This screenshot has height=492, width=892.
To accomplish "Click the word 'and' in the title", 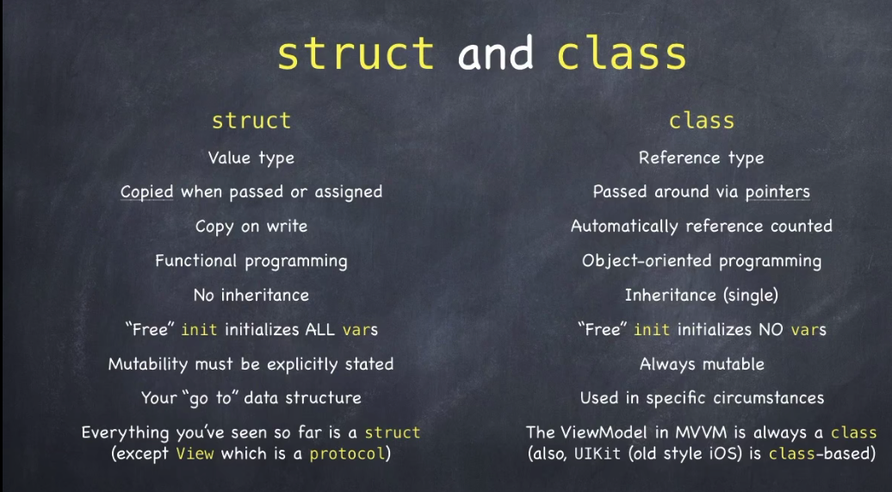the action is point(495,53).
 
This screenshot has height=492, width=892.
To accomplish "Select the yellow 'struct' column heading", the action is point(251,120).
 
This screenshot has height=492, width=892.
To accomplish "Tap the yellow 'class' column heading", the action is point(702,120).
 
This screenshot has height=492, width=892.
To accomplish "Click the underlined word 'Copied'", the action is point(146,192).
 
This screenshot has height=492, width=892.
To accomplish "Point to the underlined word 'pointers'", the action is point(777,192).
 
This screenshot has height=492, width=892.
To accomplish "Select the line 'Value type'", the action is point(251,158).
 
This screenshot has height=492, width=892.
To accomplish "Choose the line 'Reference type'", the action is point(702,158).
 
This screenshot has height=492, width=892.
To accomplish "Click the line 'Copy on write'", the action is point(251,226).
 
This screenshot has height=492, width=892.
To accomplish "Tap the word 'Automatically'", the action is point(624,226).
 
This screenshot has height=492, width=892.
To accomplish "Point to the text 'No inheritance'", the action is point(251,295).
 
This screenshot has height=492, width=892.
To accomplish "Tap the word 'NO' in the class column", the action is point(771,329).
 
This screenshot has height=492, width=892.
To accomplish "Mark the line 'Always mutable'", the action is point(702,364).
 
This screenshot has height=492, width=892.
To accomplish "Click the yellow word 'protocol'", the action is point(348,454).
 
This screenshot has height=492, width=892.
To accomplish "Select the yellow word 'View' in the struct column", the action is point(195,454).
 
